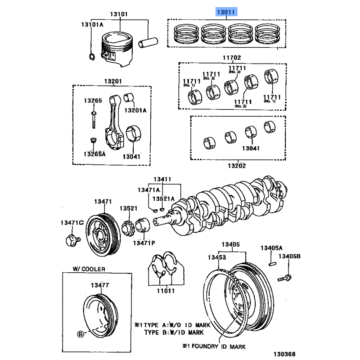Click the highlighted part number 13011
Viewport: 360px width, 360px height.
[226, 12]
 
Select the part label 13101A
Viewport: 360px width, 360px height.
[92, 24]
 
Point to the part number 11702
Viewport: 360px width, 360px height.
[232, 58]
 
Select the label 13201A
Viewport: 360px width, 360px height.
[135, 110]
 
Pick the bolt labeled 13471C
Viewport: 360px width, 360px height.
[71, 239]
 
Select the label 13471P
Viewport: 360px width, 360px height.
[144, 243]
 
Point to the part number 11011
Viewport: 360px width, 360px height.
[166, 292]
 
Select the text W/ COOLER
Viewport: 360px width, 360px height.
[89, 269]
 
